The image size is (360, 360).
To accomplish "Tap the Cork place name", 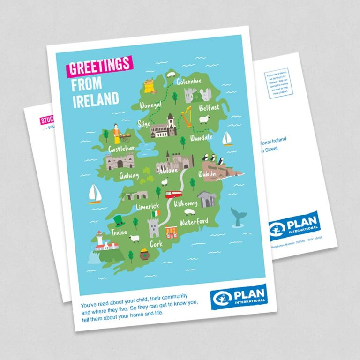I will (x=156, y=244).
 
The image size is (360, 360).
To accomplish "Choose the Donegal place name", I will (x=151, y=105).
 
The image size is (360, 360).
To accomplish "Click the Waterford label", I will (x=194, y=221).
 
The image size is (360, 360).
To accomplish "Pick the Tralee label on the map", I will (x=119, y=232).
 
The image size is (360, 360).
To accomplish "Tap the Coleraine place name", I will (x=189, y=82).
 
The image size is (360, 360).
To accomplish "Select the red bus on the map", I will (x=174, y=194).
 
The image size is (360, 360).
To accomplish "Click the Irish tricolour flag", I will (x=155, y=213).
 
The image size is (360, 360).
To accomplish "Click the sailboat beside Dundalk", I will (x=227, y=139).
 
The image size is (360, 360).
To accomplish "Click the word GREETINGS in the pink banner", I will (x=99, y=66).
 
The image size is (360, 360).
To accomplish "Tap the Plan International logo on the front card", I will (x=238, y=297).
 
